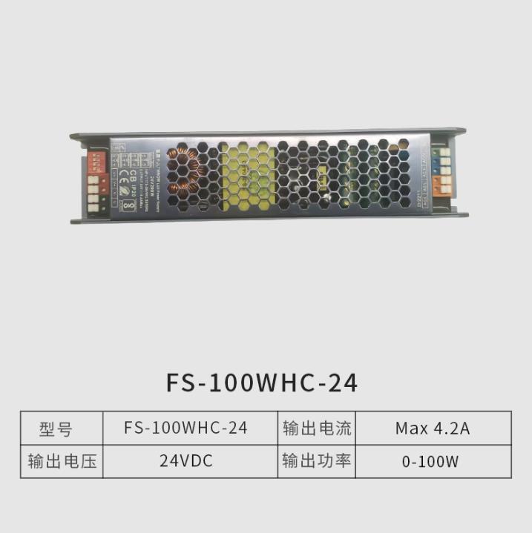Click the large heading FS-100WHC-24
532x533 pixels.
263,383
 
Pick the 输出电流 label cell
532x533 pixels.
316,428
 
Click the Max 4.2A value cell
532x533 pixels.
432,428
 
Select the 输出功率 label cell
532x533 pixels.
316,460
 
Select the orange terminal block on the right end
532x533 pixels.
443,182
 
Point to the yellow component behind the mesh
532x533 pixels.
245,174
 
